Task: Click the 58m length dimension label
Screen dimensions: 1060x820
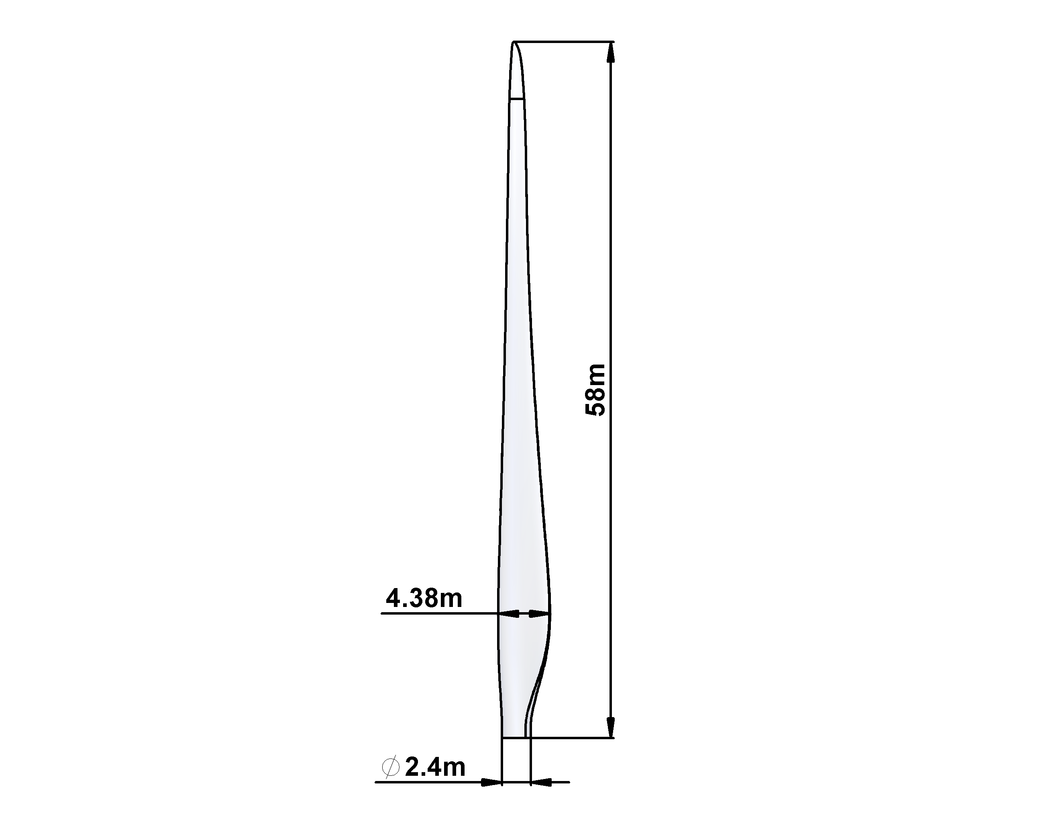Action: [x=595, y=389]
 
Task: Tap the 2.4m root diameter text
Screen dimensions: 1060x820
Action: [x=435, y=767]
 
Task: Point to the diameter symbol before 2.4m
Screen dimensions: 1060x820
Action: [x=391, y=767]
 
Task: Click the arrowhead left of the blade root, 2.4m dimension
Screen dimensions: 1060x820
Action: [x=491, y=782]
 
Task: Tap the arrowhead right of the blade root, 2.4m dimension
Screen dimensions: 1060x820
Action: [x=542, y=782]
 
